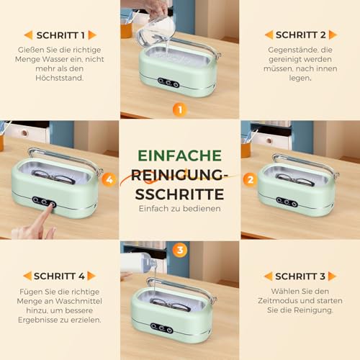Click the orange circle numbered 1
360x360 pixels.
coord(179,109)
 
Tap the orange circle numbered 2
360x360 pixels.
coord(250,179)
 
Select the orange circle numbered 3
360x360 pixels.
coord(180,251)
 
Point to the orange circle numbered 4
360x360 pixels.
coord(109,179)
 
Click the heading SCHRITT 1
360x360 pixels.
coord(60,35)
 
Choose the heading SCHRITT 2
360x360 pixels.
coord(300,35)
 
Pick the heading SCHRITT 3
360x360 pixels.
coord(300,276)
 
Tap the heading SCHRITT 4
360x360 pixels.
coord(60,276)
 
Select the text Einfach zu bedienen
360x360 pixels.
coord(179,208)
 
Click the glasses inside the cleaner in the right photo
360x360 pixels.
coord(294,177)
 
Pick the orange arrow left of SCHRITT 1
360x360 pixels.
coord(28,35)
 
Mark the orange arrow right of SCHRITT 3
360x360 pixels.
coord(333,276)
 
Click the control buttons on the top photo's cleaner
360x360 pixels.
coord(170,83)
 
